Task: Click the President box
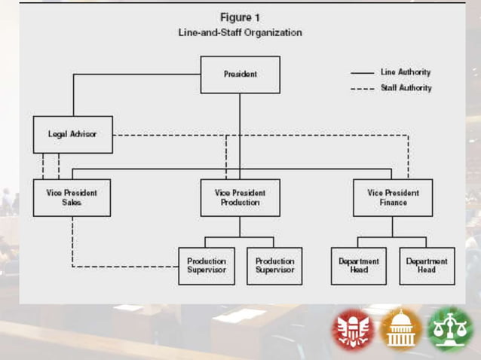coord(240,75)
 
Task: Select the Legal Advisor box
coord(72,135)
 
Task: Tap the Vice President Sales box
coord(72,197)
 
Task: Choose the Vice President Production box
coord(240,197)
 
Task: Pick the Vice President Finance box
coord(392,197)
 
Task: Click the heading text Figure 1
coord(240,17)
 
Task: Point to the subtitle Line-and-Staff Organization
coord(240,32)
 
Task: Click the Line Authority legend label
coord(406,72)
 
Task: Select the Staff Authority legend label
coord(406,88)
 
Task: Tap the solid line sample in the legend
coord(363,73)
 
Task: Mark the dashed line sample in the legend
coord(363,89)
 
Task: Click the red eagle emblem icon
coord(354,330)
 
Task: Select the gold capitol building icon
coord(401,330)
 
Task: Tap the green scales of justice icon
coord(449,330)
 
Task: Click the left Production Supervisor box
coord(207,266)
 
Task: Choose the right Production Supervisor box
coord(274,266)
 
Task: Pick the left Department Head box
coord(359,266)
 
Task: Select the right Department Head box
coord(427,266)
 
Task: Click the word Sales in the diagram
coord(72,203)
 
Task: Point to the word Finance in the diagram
coord(392,203)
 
